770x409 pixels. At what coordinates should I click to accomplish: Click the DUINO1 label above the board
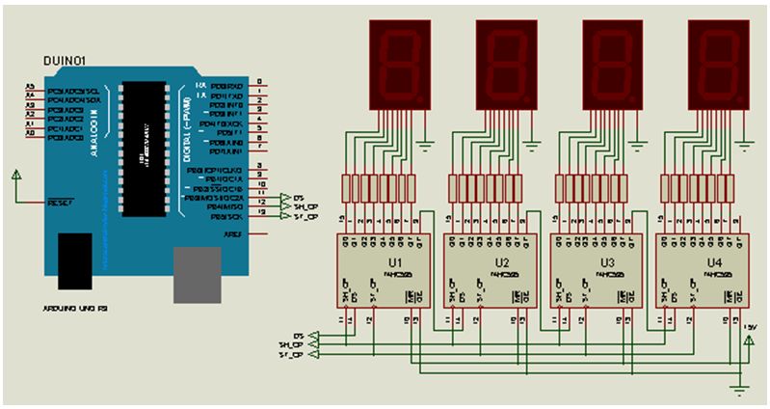66,62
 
